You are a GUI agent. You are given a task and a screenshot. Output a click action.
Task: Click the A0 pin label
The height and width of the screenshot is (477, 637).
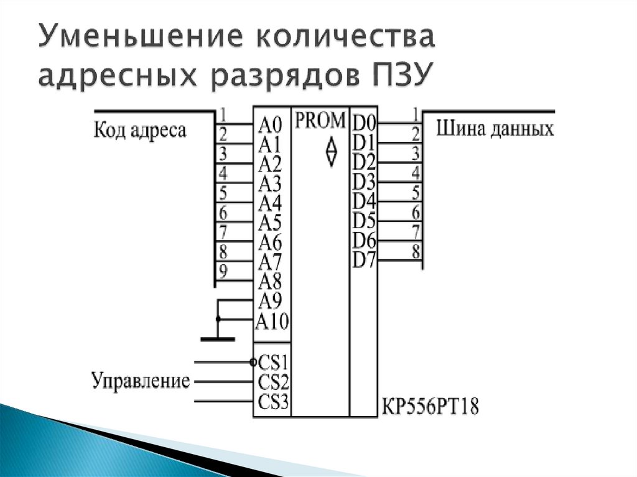(x=270, y=125)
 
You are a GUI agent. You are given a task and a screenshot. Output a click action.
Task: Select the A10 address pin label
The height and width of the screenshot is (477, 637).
(x=272, y=322)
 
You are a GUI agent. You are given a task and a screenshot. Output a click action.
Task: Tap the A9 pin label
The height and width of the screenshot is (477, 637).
(x=270, y=302)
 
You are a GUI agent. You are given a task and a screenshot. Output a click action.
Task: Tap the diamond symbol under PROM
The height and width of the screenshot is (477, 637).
(x=331, y=151)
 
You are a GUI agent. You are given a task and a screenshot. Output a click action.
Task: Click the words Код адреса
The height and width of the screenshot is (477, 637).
(x=139, y=131)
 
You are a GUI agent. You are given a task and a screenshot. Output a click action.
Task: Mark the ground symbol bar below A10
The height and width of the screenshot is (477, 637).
(x=217, y=339)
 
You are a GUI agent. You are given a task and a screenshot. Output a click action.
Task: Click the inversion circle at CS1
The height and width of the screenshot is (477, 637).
(x=253, y=361)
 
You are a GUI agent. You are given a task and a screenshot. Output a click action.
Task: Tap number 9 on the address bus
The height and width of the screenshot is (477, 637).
(x=223, y=271)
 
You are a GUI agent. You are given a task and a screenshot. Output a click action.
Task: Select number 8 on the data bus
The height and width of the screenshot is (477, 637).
(x=415, y=252)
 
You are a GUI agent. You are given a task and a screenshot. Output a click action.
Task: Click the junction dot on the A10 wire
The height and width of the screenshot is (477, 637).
(x=218, y=319)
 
